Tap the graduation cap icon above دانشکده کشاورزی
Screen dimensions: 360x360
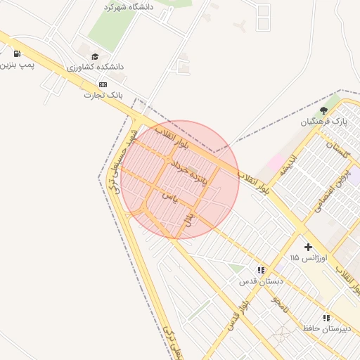[94, 56]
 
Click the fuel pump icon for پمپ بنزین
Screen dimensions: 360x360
[16, 53]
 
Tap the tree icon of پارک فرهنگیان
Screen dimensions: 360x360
[323, 110]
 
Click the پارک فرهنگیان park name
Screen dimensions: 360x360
[324, 122]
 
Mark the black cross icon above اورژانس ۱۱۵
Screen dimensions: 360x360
[308, 247]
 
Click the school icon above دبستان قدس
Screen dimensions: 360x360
[261, 269]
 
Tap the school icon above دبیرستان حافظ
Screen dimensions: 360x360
[326, 318]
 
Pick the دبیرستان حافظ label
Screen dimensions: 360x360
[326, 328]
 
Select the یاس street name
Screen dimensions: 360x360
[169, 196]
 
